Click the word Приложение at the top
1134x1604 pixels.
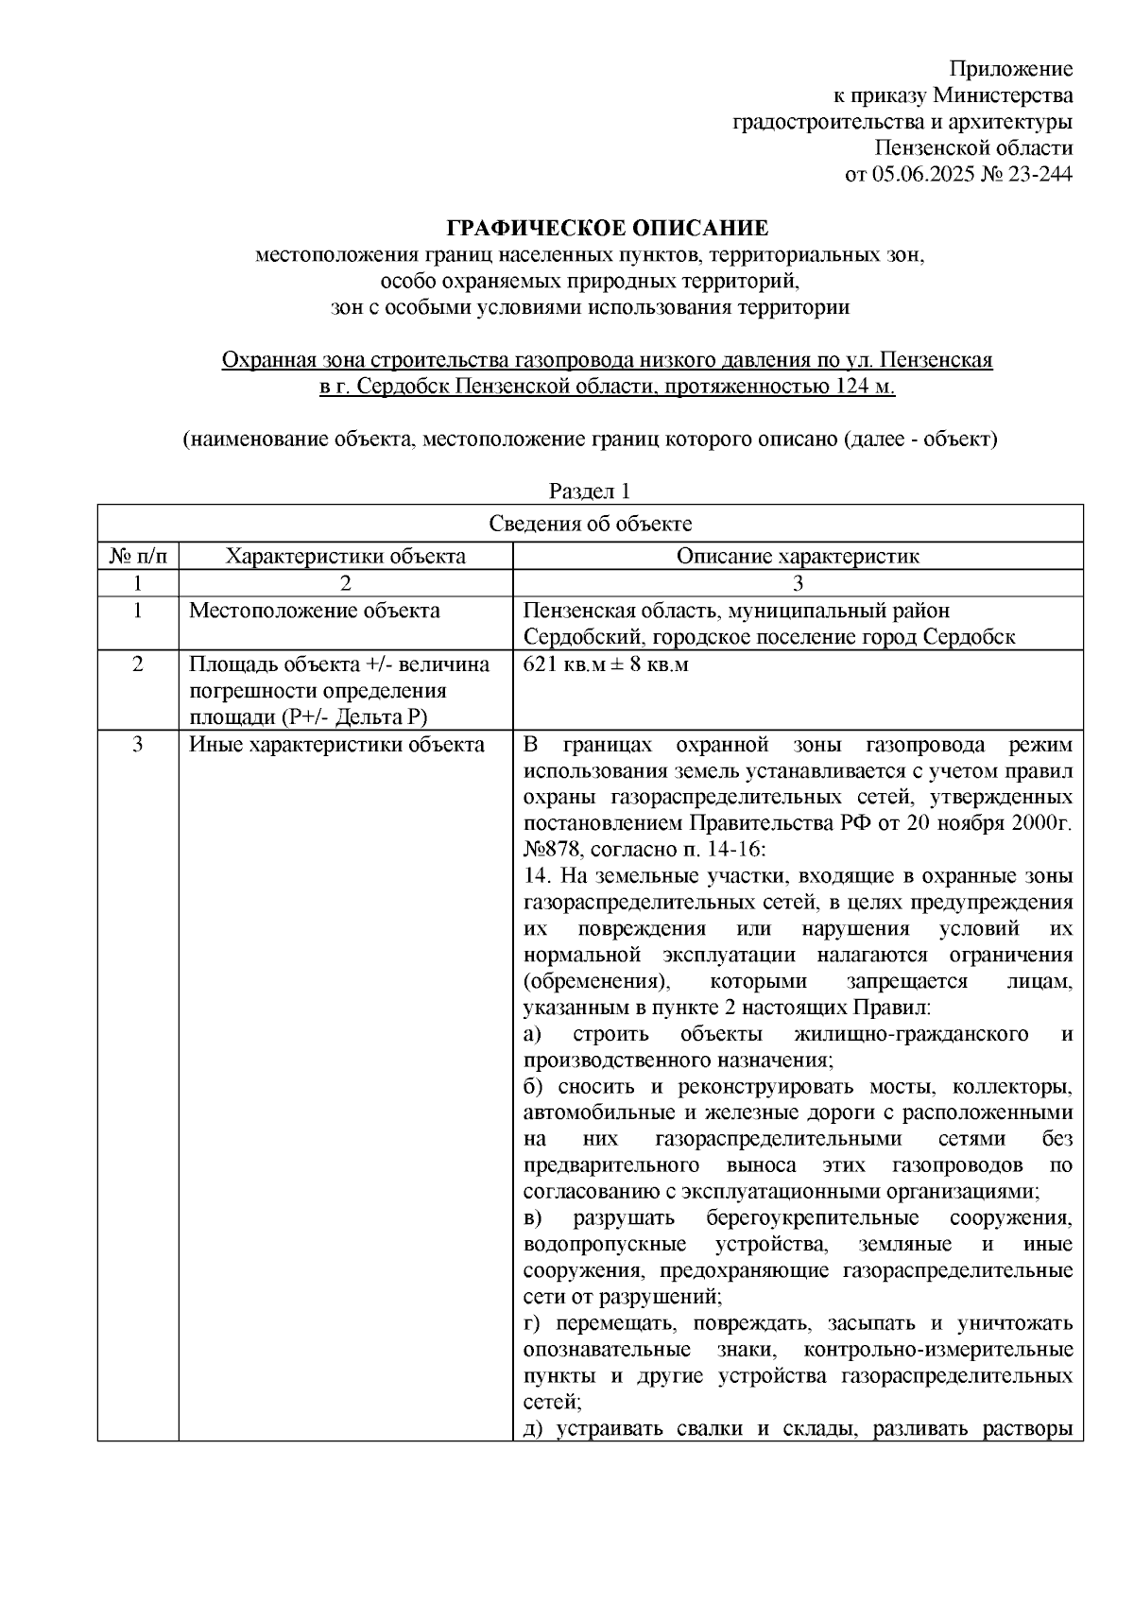(1010, 69)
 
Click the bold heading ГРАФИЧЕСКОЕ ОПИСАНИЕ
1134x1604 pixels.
(608, 228)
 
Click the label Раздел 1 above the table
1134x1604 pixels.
(590, 492)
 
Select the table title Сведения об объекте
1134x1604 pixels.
(591, 525)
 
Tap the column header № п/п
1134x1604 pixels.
(138, 556)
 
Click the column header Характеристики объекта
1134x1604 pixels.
(345, 556)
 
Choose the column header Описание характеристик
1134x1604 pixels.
(798, 556)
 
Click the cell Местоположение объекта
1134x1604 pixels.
(315, 611)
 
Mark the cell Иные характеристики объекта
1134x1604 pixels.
(336, 745)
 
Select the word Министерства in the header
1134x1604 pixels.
(1002, 95)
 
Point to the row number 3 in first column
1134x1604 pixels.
(138, 745)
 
